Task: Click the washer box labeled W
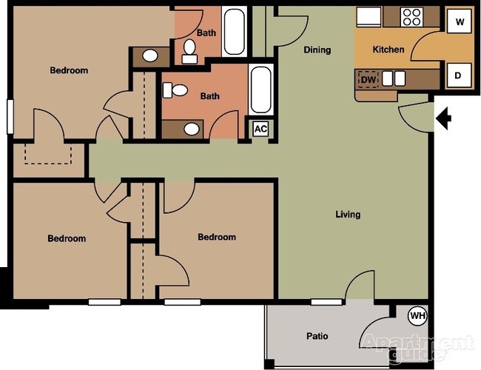tap(460, 22)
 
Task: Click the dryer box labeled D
tap(458, 75)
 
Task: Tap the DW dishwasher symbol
tap(368, 78)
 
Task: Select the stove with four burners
tap(411, 16)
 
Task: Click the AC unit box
tap(260, 128)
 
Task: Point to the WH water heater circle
tap(418, 316)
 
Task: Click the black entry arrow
tap(444, 118)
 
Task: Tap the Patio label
tap(317, 337)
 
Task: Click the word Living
tap(348, 215)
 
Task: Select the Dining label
tap(317, 50)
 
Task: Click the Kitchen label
tap(388, 50)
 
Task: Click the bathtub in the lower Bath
tap(261, 90)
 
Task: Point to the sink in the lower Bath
tap(192, 129)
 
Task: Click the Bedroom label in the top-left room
tap(69, 71)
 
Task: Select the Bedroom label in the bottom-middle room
tap(217, 238)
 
